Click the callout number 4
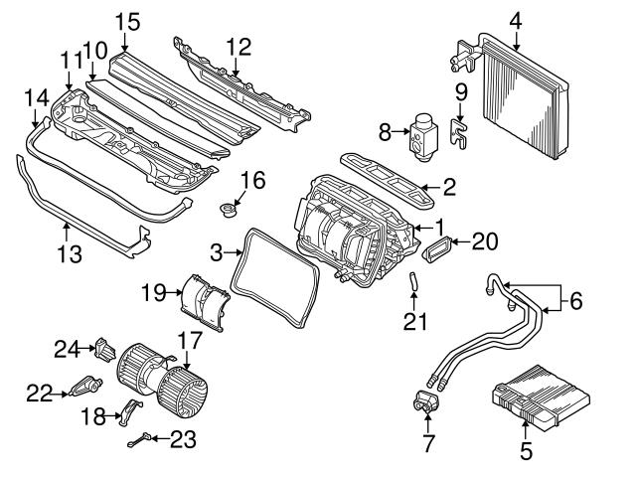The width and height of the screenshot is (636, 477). [x=516, y=18]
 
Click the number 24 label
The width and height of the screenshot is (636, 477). [x=66, y=348]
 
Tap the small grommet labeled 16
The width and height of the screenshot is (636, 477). [x=230, y=211]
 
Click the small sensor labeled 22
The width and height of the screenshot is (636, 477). [x=85, y=387]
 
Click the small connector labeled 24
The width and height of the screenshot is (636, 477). [x=105, y=348]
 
